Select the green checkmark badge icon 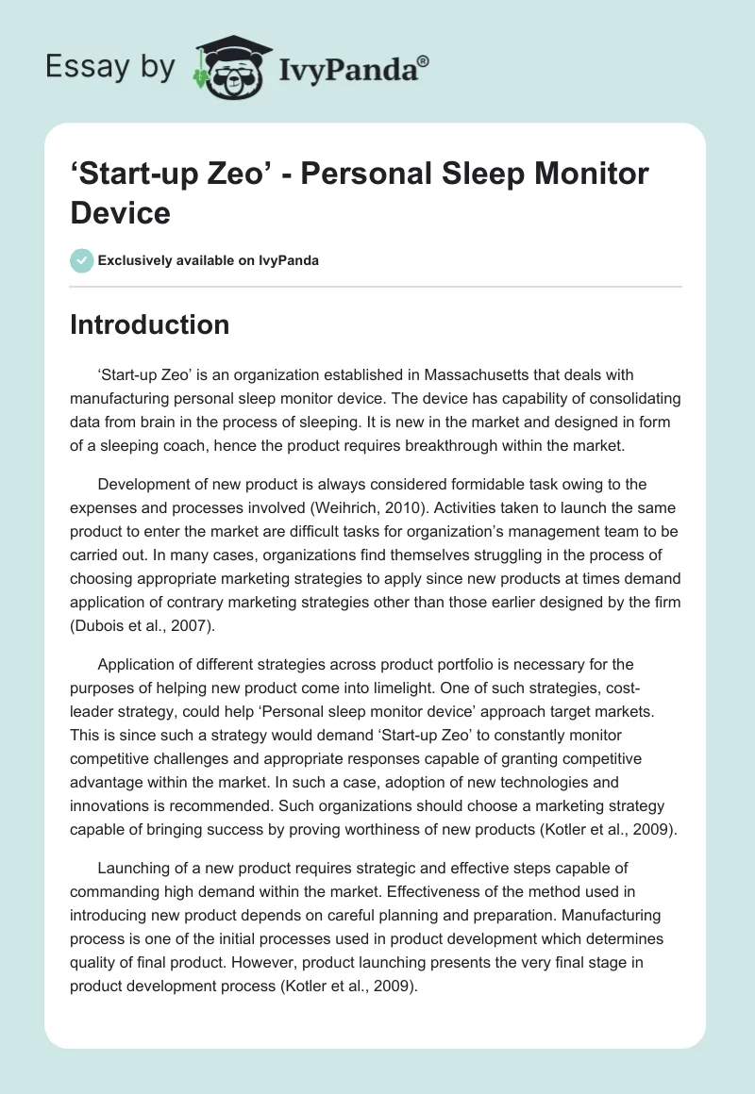pyautogui.click(x=81, y=260)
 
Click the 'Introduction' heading pyautogui.click(x=150, y=324)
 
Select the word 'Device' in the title pyautogui.click(x=121, y=212)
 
